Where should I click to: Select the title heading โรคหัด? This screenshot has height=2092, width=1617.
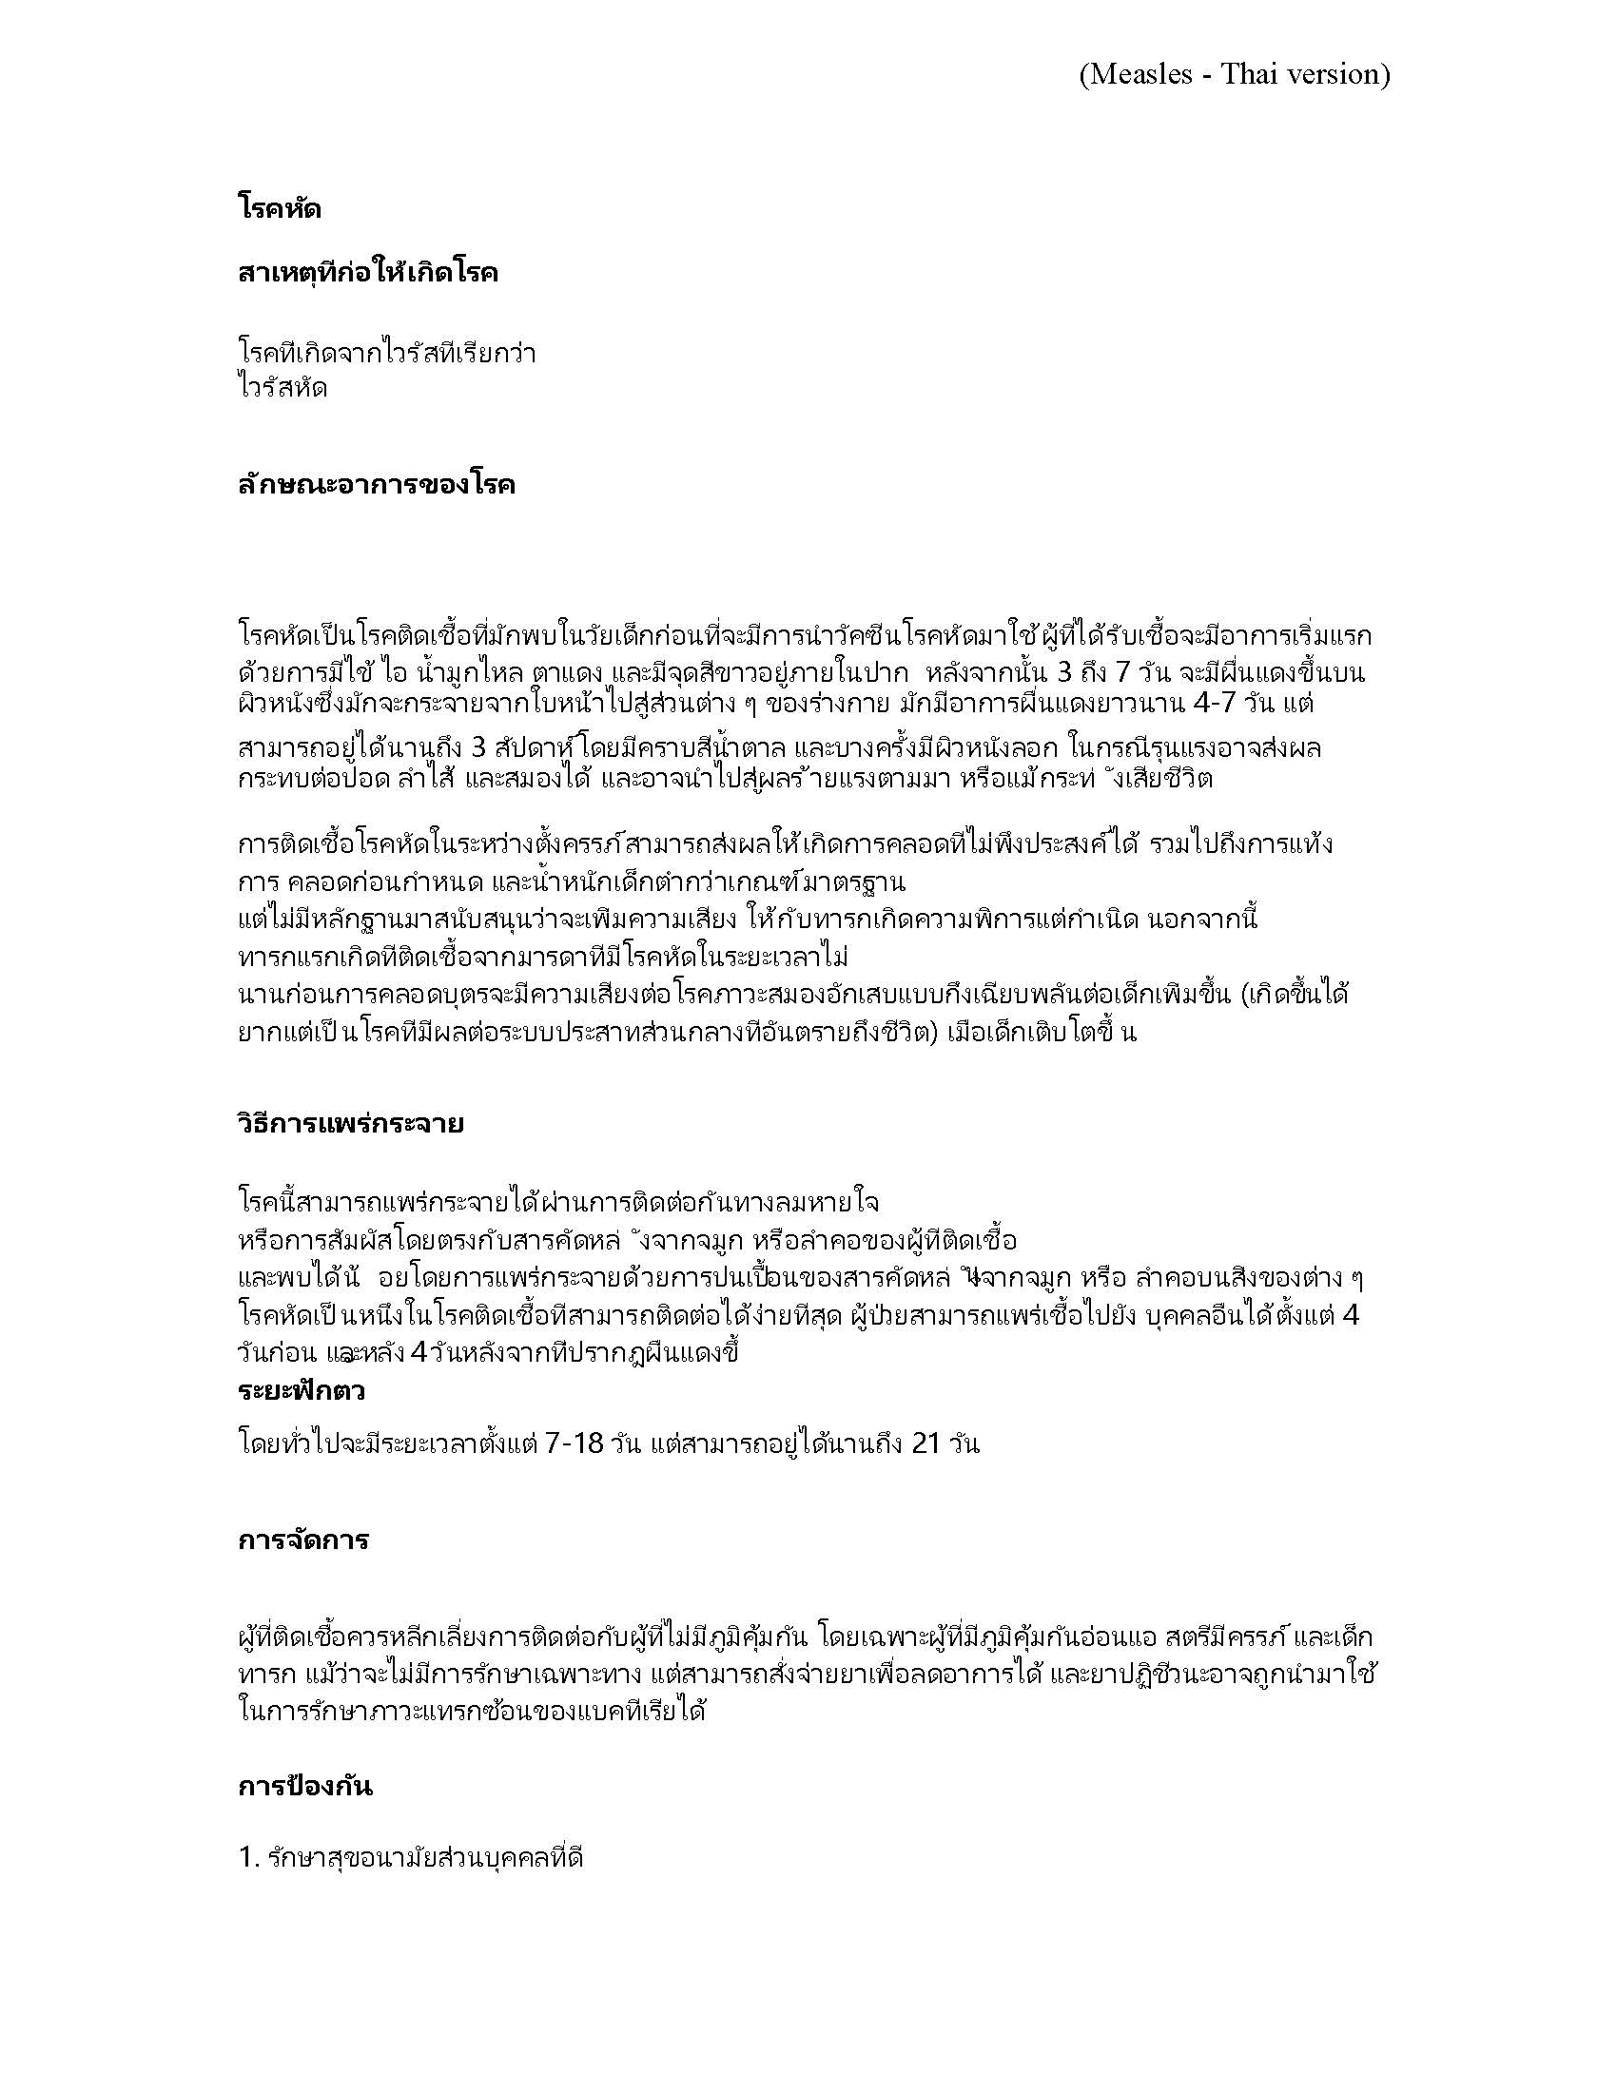point(279,208)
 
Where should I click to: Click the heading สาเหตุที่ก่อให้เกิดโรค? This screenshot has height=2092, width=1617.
point(368,274)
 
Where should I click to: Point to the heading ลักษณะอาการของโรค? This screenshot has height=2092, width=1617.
point(377,485)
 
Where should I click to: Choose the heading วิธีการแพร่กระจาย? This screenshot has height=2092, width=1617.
point(351,1123)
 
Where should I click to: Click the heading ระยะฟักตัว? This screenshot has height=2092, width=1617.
point(301,1391)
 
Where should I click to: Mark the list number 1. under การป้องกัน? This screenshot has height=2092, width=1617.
point(249,1860)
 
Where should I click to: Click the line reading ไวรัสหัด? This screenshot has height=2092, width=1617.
point(282,389)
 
